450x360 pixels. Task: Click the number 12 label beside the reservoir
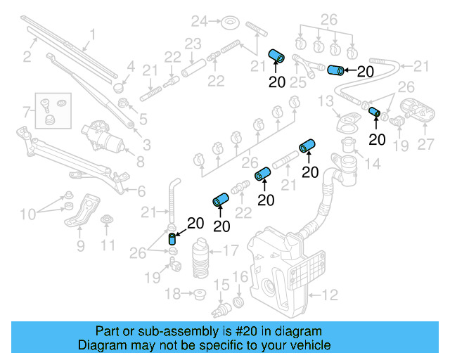[x=330, y=295]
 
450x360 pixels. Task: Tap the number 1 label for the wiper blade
[x=92, y=32]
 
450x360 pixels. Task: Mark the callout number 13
[x=324, y=103]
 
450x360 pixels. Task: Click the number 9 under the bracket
[x=80, y=245]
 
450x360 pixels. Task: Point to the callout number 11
[x=107, y=245]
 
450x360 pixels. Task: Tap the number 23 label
[x=193, y=44]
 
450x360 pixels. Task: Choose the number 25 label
[x=298, y=83]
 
